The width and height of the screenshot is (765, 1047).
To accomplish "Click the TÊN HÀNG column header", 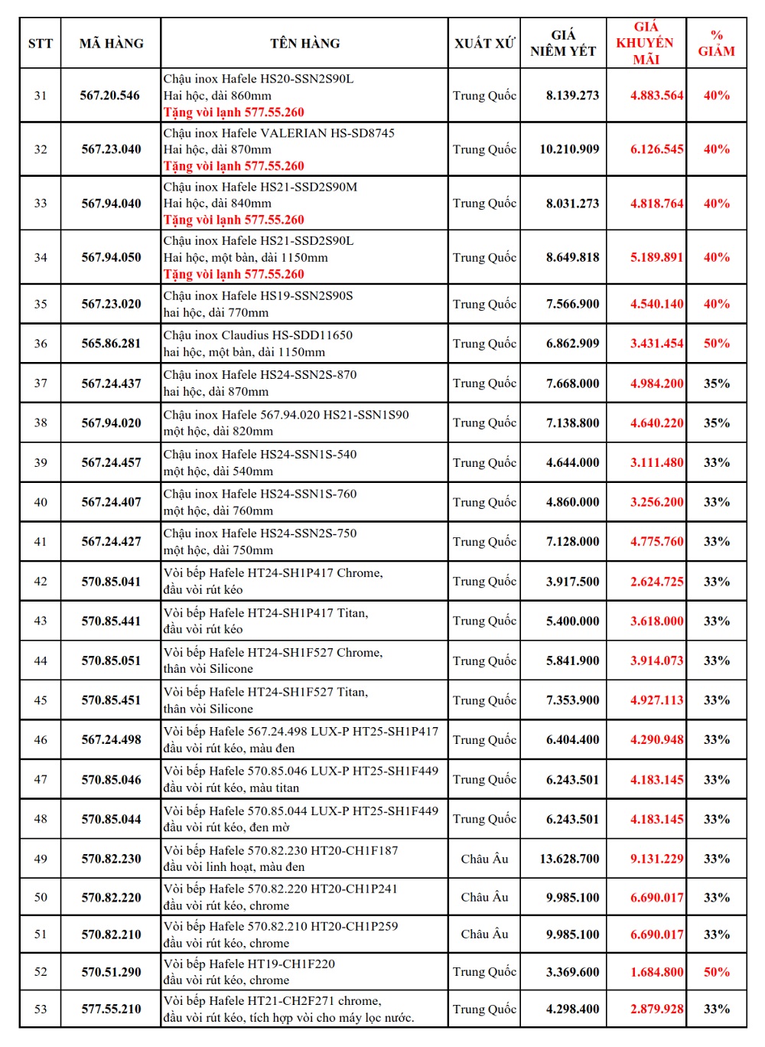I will click(304, 44).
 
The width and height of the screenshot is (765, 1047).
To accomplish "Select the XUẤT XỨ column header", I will click(484, 44).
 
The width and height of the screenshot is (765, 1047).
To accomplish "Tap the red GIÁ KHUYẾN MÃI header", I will click(646, 43).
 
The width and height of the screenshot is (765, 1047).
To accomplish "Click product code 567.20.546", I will click(110, 96).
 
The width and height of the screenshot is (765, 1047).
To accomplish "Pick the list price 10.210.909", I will click(569, 149).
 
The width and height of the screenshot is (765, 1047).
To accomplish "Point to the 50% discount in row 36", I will click(716, 344).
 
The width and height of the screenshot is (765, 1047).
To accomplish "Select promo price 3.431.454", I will click(656, 344).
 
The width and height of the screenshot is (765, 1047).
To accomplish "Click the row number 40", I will click(41, 502).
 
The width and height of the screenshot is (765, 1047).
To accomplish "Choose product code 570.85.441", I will click(112, 621).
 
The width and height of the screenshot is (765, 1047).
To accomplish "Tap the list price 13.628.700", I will click(569, 859).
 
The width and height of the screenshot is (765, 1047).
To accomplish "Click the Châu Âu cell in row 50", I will click(484, 897).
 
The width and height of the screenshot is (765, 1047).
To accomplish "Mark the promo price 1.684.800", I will click(656, 972).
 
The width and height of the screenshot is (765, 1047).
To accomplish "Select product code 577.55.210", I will click(112, 1009).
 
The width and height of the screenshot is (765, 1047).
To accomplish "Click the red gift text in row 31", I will click(233, 113).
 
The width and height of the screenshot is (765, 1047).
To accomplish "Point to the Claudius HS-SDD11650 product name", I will click(258, 335).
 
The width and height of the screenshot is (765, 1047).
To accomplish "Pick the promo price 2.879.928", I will click(656, 1009).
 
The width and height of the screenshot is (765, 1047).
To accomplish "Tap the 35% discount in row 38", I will click(716, 422).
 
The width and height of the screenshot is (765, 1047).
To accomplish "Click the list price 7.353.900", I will click(572, 700).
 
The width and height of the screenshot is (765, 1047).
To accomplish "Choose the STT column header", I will click(41, 44).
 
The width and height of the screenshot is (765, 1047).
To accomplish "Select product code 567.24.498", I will click(112, 740).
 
